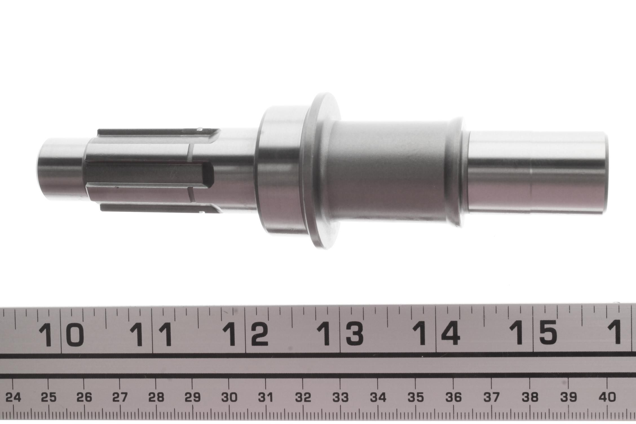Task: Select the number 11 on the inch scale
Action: point(152,334)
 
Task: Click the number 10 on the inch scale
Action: point(61,334)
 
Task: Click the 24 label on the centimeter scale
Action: point(13,398)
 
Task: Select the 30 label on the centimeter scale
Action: point(229,398)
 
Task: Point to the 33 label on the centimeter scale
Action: point(340,398)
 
